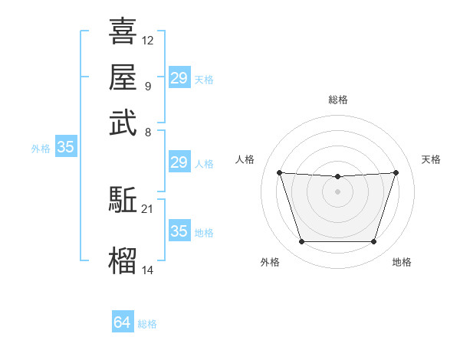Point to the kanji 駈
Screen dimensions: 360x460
[123, 200]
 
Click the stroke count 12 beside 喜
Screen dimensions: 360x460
[148, 40]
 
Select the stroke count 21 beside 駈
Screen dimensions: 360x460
[148, 208]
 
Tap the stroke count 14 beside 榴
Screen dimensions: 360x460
[148, 270]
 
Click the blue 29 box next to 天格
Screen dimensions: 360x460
[179, 77]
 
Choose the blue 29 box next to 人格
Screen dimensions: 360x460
[179, 162]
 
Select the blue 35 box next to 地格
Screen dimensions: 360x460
[179, 231]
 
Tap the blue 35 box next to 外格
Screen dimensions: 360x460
[65, 148]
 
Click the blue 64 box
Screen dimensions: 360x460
[122, 322]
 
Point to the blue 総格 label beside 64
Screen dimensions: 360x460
[148, 324]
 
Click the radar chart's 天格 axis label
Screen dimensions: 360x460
[431, 159]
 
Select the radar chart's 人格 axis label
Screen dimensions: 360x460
[245, 159]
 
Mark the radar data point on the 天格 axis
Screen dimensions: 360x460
[396, 172]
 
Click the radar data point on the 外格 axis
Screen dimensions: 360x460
[301, 242]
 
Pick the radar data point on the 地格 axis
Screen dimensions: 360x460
[374, 242]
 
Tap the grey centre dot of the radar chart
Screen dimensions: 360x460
[337, 191]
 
